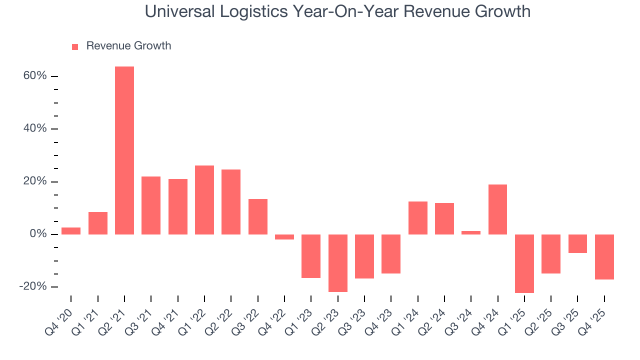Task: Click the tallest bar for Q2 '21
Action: (124, 150)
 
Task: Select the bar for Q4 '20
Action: (71, 231)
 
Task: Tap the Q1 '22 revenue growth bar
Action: (204, 200)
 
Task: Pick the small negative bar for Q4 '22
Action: (284, 237)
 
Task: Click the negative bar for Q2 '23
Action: (338, 263)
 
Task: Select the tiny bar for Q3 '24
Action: (471, 232)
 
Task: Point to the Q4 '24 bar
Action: (497, 209)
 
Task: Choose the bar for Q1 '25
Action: (524, 263)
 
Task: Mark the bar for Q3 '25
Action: (577, 243)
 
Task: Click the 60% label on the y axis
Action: (34, 76)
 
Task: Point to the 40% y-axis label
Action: (34, 128)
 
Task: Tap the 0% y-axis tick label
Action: (37, 234)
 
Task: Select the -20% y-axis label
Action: (32, 286)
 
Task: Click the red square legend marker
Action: (75, 46)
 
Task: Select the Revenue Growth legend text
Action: (128, 46)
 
